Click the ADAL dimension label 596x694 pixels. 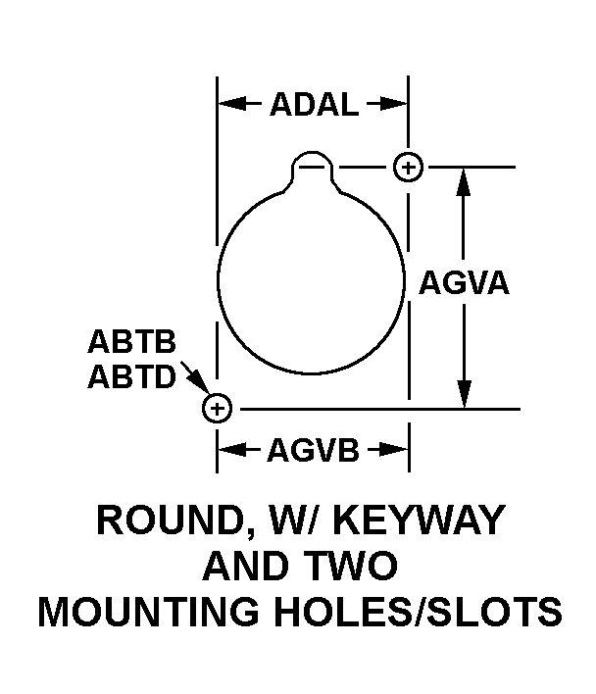pyautogui.click(x=314, y=105)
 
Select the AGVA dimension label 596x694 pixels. pyautogui.click(x=464, y=283)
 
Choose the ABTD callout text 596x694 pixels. pyautogui.click(x=131, y=376)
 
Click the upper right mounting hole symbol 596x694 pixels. pyautogui.click(x=408, y=167)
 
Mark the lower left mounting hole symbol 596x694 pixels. pyautogui.click(x=216, y=408)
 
